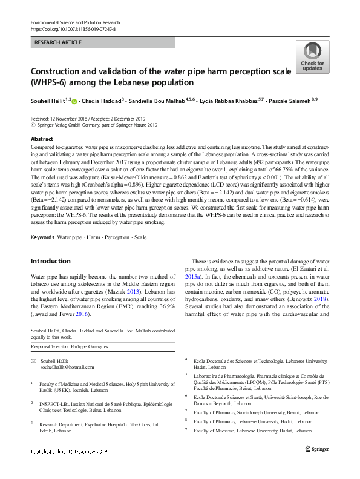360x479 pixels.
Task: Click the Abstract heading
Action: [x=42, y=139]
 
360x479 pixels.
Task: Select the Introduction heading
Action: [x=50, y=261]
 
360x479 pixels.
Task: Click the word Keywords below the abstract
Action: [x=42, y=236]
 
